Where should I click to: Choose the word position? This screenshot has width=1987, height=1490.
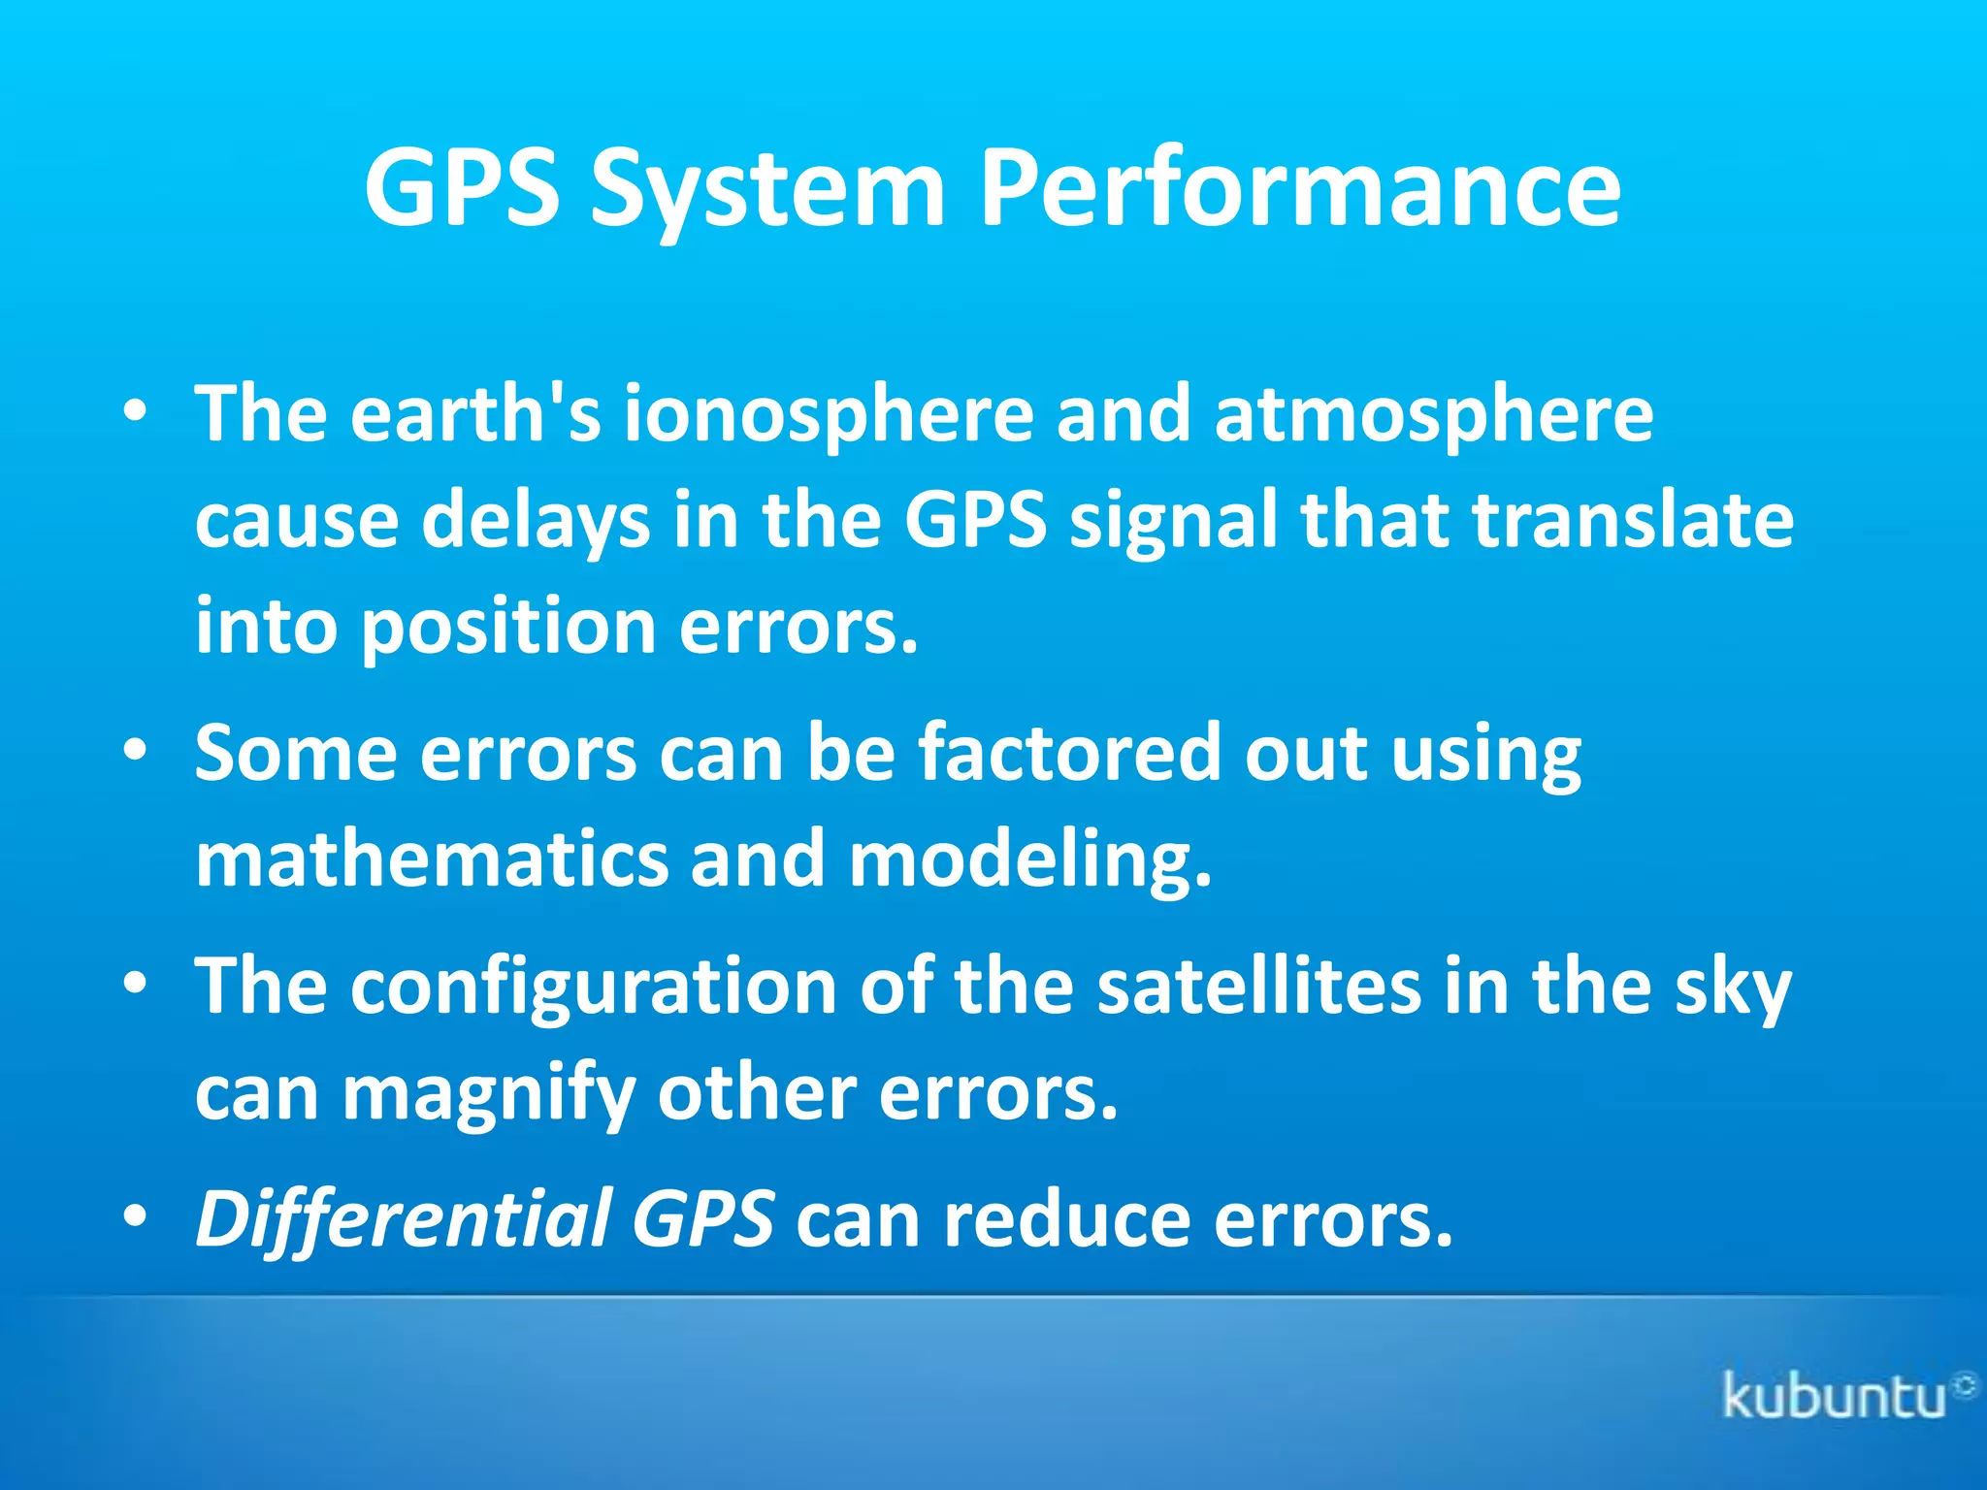tap(508, 627)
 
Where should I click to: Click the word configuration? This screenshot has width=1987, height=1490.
tap(593, 987)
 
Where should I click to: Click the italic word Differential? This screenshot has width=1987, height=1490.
tap(403, 1219)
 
